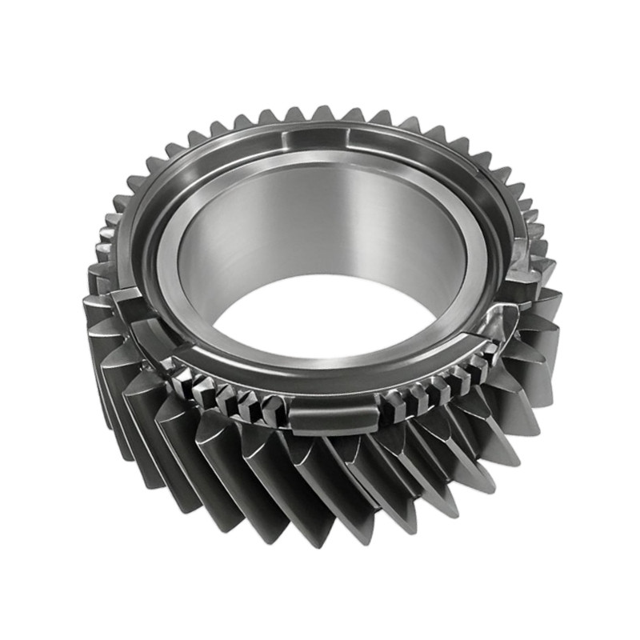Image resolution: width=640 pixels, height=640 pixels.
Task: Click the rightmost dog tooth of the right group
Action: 484,365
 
